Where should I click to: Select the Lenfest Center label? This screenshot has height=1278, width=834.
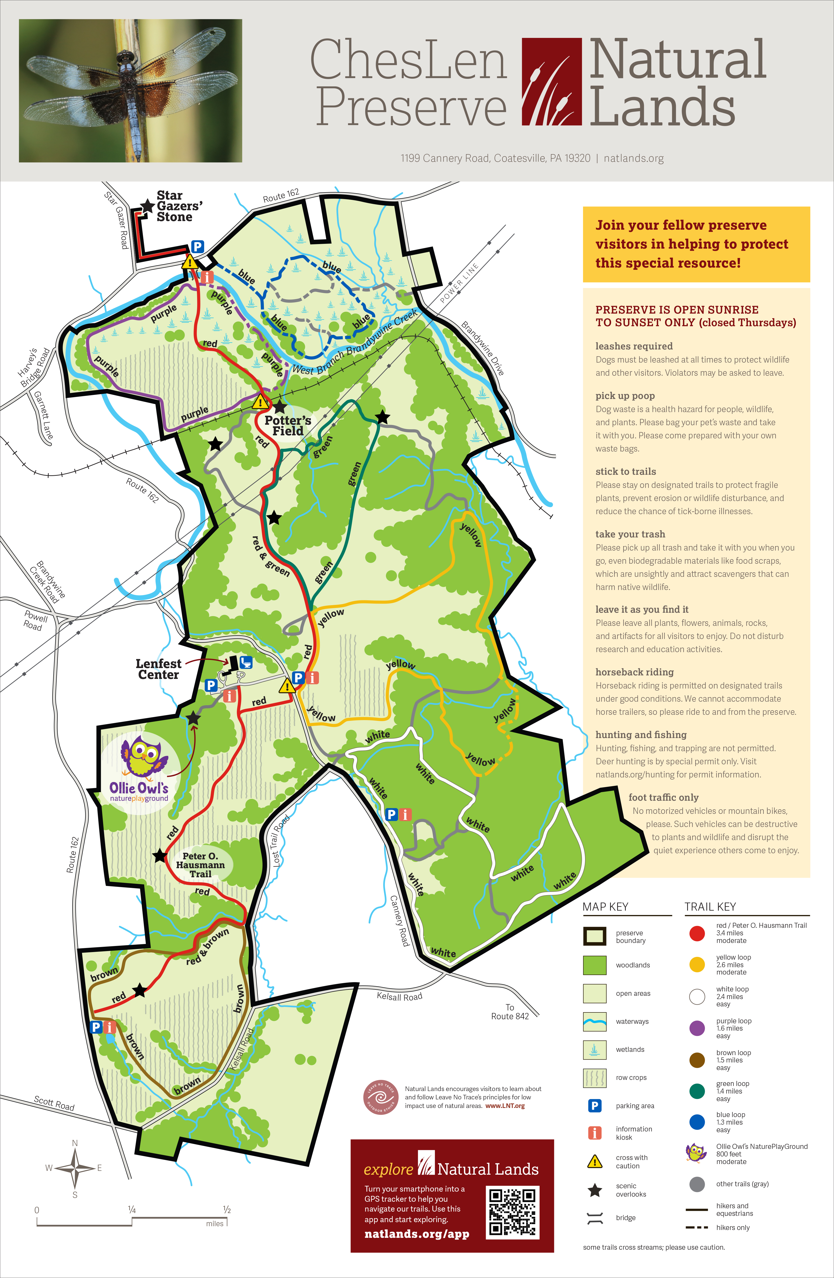coord(158,669)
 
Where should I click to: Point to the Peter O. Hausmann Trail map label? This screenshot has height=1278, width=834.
coord(200,865)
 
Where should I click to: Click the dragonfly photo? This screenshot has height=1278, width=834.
coord(130,91)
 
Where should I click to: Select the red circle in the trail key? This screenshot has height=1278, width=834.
coord(697,933)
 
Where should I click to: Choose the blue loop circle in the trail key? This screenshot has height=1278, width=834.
coord(697,1122)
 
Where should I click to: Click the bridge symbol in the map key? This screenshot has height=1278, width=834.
coord(594,1218)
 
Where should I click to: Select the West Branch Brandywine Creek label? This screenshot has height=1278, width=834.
coord(354,343)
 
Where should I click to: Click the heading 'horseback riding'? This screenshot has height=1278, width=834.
coord(634,672)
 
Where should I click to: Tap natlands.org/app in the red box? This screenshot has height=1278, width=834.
coord(417,1234)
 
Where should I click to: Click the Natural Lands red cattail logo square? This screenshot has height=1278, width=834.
coord(551,82)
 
